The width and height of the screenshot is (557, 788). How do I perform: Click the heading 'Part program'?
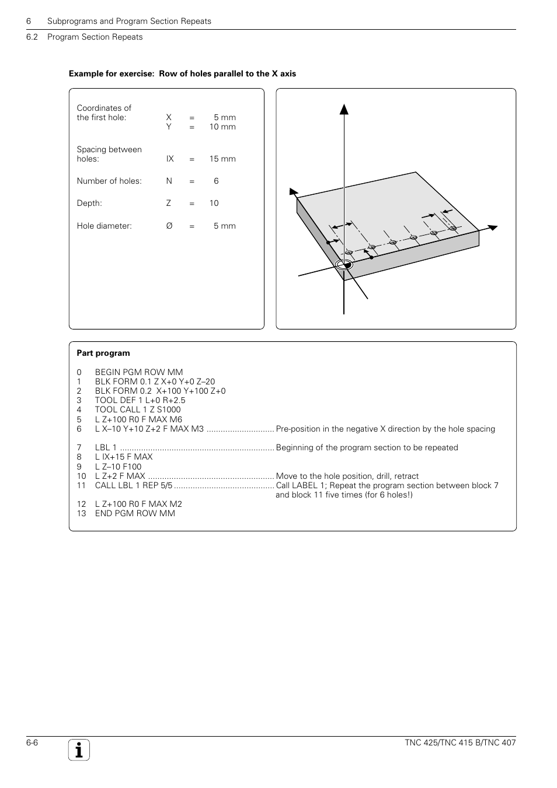tap(103, 353)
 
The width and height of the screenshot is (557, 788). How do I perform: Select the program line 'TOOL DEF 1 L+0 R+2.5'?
tap(140, 400)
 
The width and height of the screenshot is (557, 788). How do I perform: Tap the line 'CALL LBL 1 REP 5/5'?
tap(134, 485)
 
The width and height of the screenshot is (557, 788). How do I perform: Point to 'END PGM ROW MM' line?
tap(135, 513)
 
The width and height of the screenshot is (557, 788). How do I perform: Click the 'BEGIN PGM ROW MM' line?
tap(139, 372)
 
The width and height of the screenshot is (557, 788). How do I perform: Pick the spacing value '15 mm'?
tap(222, 159)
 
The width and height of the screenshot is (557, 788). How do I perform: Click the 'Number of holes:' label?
tap(109, 181)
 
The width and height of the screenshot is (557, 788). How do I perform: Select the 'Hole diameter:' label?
tap(104, 226)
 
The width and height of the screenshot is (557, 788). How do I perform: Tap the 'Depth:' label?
tap(89, 203)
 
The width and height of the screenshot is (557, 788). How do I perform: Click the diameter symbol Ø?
tap(169, 226)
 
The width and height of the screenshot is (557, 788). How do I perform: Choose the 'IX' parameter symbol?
tap(170, 159)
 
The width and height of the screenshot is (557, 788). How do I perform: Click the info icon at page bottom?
tap(79, 750)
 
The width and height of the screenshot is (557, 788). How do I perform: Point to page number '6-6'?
tap(32, 743)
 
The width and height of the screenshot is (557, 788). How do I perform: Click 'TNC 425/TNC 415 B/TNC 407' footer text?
tap(460, 743)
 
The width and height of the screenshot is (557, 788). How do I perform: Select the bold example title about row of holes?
tap(182, 73)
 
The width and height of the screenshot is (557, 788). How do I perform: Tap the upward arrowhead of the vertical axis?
tap(344, 108)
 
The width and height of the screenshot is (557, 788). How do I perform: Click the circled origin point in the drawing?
tap(344, 265)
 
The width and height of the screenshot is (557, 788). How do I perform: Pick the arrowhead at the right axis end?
tap(492, 227)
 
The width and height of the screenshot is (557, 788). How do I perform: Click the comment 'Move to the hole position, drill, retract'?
tap(347, 476)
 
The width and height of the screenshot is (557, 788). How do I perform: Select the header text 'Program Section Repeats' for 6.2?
tap(95, 37)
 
